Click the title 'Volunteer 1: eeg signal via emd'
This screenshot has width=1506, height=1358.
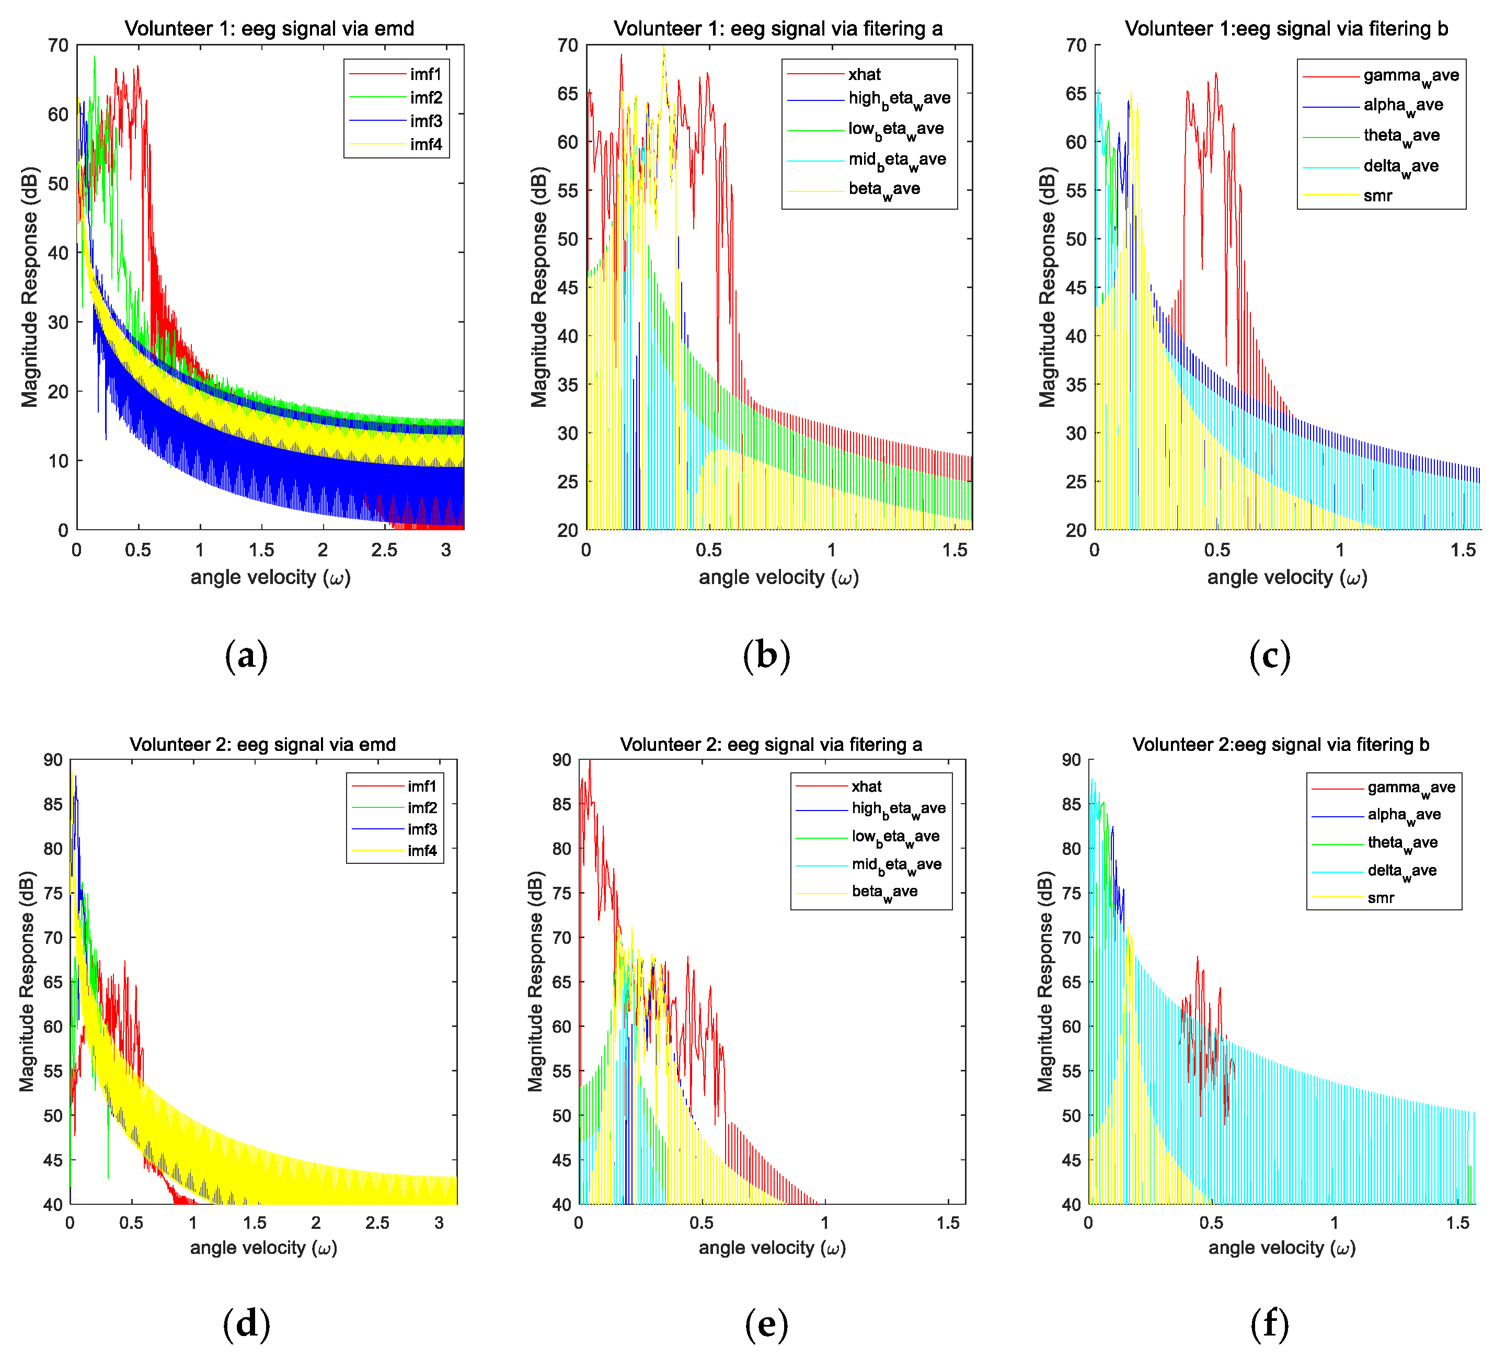pos(269,28)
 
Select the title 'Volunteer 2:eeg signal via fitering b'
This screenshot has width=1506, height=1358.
pos(1281,744)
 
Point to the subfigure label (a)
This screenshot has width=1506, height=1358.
pos(246,655)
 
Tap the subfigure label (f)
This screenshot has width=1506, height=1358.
pos(1270,1323)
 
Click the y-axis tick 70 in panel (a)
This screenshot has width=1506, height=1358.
pos(58,45)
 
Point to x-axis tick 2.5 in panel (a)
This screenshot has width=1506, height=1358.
pos(384,550)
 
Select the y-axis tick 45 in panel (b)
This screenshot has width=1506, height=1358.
pos(568,287)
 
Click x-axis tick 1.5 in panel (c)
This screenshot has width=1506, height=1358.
pos(1463,550)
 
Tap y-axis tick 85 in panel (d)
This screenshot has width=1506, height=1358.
pos(53,804)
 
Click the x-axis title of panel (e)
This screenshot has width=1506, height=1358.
pos(772,1248)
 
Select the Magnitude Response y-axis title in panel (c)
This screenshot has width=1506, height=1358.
pos(1048,287)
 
